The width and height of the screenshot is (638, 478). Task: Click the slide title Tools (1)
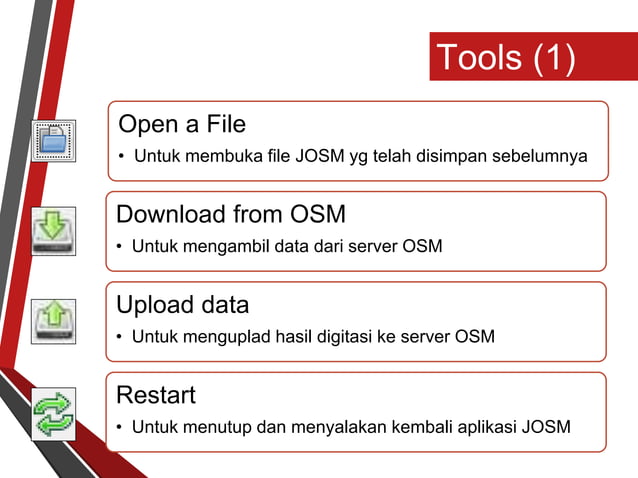tap(506, 57)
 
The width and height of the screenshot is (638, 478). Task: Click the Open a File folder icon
tap(54, 140)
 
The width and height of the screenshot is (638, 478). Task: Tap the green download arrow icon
tap(53, 231)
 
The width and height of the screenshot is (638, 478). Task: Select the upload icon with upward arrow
tap(53, 320)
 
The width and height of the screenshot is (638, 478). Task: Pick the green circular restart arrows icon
tap(53, 414)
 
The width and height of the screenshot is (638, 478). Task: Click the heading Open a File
tap(182, 125)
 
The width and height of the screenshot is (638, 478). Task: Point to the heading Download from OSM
tap(231, 215)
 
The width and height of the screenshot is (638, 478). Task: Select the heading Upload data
tap(183, 304)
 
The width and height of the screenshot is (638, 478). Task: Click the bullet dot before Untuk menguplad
tap(121, 337)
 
